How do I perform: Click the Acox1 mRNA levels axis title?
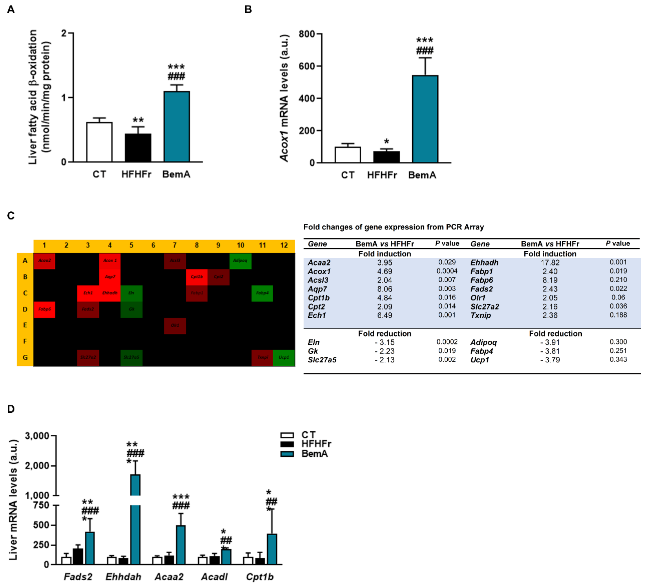pyautogui.click(x=284, y=98)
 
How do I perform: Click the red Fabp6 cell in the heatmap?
pyautogui.click(x=44, y=309)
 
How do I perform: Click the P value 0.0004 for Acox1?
pyautogui.click(x=447, y=271)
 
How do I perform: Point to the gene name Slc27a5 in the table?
pyautogui.click(x=322, y=360)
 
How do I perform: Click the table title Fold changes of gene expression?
pyautogui.click(x=393, y=227)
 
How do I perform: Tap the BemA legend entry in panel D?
pyautogui.click(x=314, y=454)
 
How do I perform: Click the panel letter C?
pyautogui.click(x=11, y=216)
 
